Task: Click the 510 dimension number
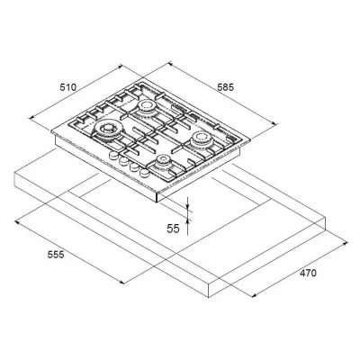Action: click(x=68, y=87)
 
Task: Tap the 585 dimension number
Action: click(x=225, y=87)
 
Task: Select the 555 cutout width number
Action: click(x=56, y=255)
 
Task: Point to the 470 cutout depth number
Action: click(x=308, y=273)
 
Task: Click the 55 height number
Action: click(x=173, y=229)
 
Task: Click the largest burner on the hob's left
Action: click(x=108, y=130)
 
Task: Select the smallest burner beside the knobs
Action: click(x=164, y=162)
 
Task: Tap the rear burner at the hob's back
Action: click(x=147, y=106)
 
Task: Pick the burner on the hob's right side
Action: click(x=202, y=139)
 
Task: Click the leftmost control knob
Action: click(x=113, y=155)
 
